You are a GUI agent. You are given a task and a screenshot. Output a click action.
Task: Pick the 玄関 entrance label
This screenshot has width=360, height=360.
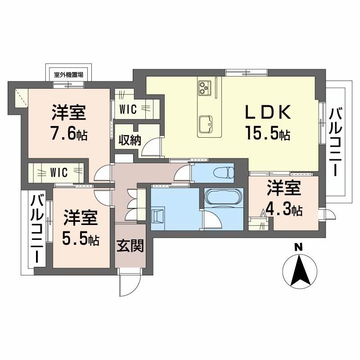[130, 246]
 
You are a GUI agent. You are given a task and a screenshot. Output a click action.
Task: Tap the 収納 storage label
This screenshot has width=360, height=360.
[130, 140]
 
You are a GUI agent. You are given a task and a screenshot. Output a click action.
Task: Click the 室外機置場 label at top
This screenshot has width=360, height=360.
[68, 75]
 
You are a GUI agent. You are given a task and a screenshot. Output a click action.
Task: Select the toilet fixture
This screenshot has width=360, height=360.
[224, 171]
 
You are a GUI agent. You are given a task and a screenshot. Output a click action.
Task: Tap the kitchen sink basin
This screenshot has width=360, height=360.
[207, 122]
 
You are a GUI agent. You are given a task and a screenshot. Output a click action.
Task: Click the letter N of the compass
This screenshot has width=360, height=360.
[297, 247]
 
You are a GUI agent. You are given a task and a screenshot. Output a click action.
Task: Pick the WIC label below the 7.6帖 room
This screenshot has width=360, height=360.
[59, 172]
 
